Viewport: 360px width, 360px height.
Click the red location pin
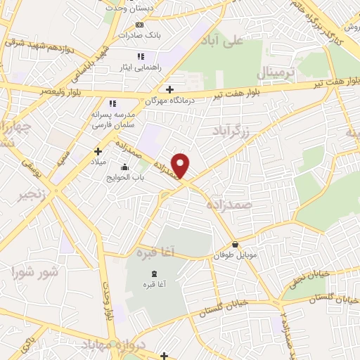point(181,165)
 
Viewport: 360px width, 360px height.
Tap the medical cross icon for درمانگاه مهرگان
point(169,89)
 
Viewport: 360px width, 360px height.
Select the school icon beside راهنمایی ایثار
point(141,56)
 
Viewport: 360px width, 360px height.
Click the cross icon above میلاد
point(98,150)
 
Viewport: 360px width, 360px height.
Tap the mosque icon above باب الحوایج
point(124,167)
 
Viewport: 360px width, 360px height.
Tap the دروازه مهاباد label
point(113,345)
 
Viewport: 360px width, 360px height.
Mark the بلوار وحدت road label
point(108,303)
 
